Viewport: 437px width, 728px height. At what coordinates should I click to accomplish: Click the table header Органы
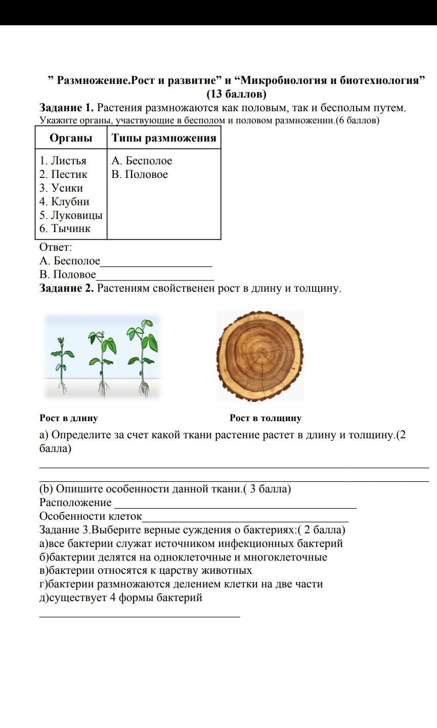pos(71,138)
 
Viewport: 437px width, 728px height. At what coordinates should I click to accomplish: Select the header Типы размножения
pos(163,138)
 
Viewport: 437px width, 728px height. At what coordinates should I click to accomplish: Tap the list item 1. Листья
pos(63,161)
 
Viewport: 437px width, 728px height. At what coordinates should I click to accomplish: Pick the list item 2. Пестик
pos(63,174)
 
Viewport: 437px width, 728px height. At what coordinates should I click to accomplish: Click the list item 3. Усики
pos(61,188)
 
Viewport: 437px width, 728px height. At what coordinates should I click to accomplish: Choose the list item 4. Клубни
pos(64,202)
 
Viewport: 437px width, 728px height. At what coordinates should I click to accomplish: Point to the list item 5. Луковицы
pos(71,215)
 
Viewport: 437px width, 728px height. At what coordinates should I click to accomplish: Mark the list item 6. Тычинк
pos(65,229)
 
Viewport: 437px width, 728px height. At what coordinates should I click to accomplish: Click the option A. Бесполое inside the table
pos(142,161)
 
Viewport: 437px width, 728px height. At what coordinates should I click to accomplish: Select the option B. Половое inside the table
pos(140,174)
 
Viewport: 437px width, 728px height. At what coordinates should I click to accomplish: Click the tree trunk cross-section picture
pos(260,356)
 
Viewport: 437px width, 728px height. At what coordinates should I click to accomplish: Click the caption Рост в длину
pos(68,418)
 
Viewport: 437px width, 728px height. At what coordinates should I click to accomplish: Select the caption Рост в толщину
pos(265,418)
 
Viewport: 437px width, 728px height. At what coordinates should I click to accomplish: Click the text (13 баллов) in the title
pos(236,94)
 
